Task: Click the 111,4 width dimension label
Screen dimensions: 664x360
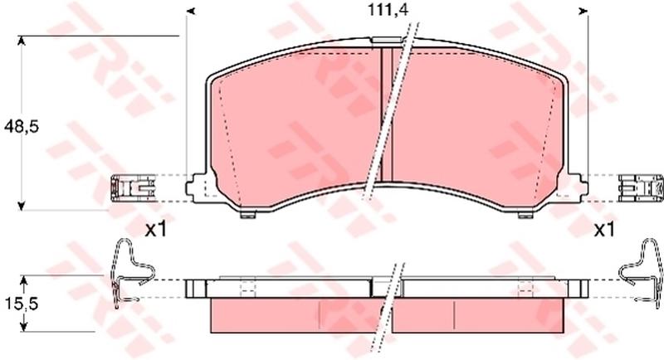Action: pyautogui.click(x=387, y=10)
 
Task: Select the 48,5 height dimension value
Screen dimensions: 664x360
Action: pyautogui.click(x=21, y=126)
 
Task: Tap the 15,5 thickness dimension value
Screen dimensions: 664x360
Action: pyautogui.click(x=21, y=304)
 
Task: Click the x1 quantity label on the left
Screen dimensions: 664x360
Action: pyautogui.click(x=156, y=230)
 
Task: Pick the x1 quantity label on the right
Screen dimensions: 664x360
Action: pyautogui.click(x=604, y=230)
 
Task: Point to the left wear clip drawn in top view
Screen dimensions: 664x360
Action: pyautogui.click(x=132, y=187)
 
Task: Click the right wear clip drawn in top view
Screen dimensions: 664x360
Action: pyautogui.click(x=640, y=187)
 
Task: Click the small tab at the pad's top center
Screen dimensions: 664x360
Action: pyautogui.click(x=386, y=40)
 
